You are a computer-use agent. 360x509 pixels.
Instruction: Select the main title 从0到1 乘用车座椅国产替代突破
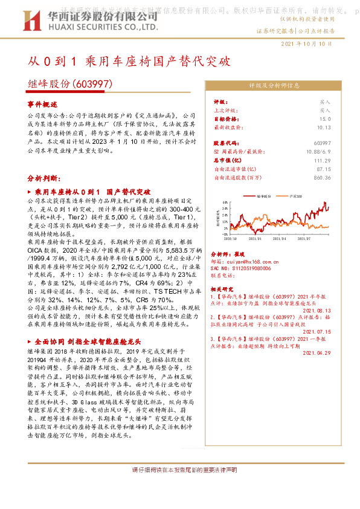click(x=129, y=62)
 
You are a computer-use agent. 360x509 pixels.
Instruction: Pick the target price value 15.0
click(x=324, y=119)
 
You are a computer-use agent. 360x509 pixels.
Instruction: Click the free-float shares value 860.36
click(x=322, y=178)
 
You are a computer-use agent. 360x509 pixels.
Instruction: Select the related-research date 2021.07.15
click(x=320, y=332)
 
